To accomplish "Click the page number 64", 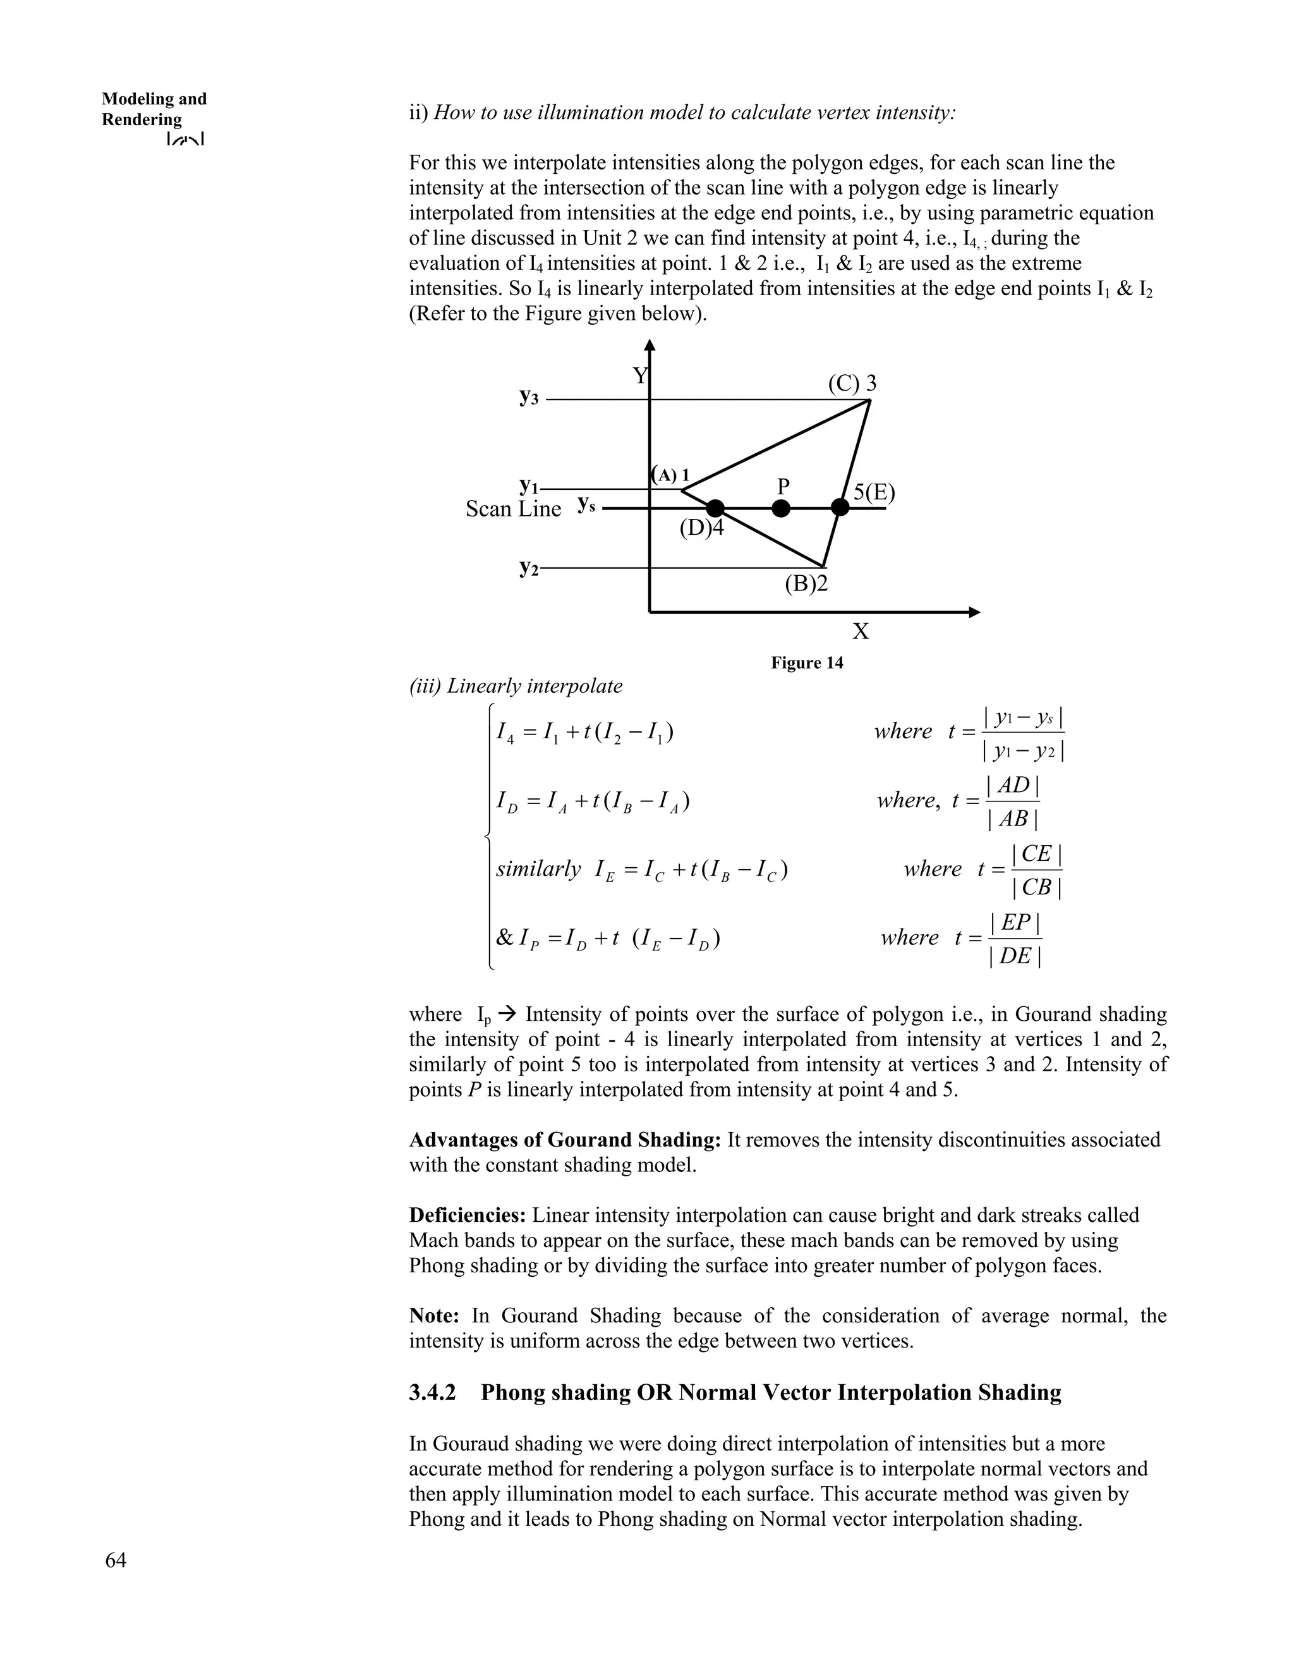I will pyautogui.click(x=116, y=1560).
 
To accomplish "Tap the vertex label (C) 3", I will pyautogui.click(x=852, y=384).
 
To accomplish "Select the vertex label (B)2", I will pyautogui.click(x=806, y=585).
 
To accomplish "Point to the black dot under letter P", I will pyautogui.click(x=780, y=508).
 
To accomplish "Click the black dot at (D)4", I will pyautogui.click(x=715, y=508).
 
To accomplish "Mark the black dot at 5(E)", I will pyautogui.click(x=840, y=508).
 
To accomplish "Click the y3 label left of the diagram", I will pyautogui.click(x=529, y=398).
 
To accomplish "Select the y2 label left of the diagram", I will pyautogui.click(x=528, y=568).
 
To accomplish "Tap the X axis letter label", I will pyautogui.click(x=861, y=632).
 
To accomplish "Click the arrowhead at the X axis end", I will pyautogui.click(x=974, y=612).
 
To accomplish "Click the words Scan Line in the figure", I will pyautogui.click(x=513, y=509).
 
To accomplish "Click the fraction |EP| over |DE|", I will pyautogui.click(x=1014, y=939).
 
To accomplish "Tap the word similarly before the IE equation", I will pyautogui.click(x=538, y=869).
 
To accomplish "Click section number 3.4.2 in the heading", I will pyautogui.click(x=432, y=1392).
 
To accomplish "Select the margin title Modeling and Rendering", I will pyautogui.click(x=154, y=109).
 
